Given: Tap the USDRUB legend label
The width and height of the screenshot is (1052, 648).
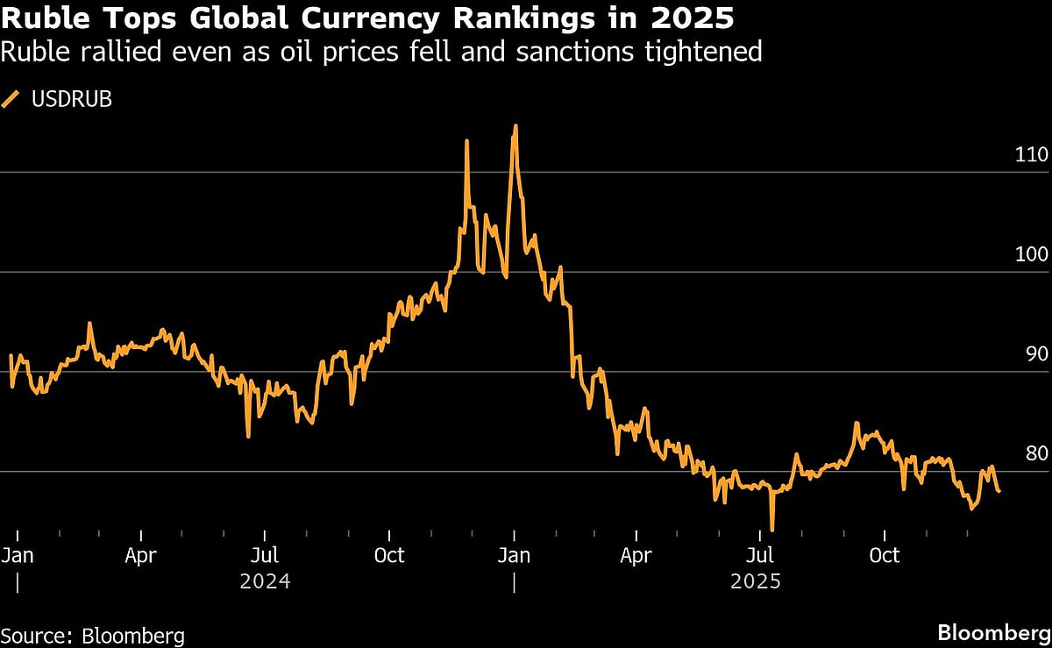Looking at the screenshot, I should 71,100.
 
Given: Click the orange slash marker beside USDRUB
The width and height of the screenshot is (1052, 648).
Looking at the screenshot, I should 11,100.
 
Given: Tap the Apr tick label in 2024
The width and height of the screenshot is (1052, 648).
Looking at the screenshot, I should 141,556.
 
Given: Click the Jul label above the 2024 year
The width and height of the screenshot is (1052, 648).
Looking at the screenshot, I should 264,556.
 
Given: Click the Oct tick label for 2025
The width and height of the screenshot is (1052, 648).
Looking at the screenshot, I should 885,556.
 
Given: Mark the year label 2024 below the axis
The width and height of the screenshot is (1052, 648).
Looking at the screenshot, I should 264,581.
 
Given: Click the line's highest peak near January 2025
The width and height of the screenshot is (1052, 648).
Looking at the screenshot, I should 515,126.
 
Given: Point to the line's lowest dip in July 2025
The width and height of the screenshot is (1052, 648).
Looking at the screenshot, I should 772,530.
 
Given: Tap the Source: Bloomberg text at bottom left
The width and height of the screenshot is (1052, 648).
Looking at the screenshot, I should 93,636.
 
